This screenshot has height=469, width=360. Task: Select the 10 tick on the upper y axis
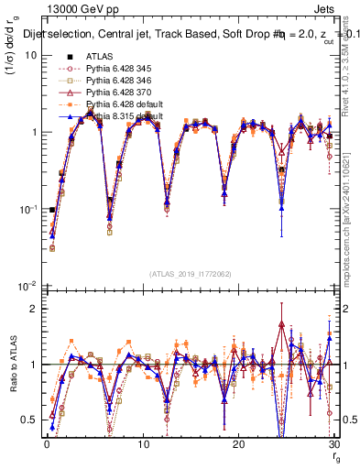(29, 55)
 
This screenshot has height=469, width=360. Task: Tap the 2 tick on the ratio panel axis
(33, 309)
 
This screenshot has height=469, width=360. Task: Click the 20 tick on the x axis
(238, 444)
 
